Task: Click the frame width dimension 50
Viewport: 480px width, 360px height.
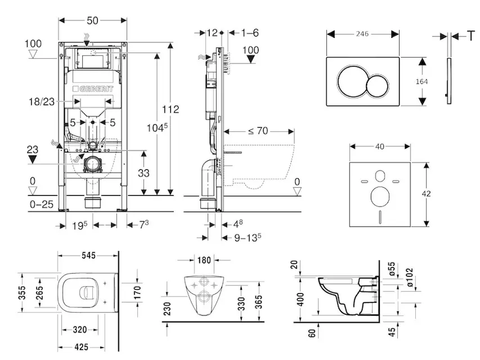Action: tap(92, 20)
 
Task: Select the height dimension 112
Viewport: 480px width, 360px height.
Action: tap(171, 109)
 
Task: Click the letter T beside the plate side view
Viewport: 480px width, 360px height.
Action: tap(471, 36)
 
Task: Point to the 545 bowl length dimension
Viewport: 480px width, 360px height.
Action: tap(89, 256)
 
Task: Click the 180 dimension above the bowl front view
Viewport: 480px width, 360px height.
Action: tap(205, 260)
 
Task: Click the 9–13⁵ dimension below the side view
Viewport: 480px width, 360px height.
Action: tap(247, 238)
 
